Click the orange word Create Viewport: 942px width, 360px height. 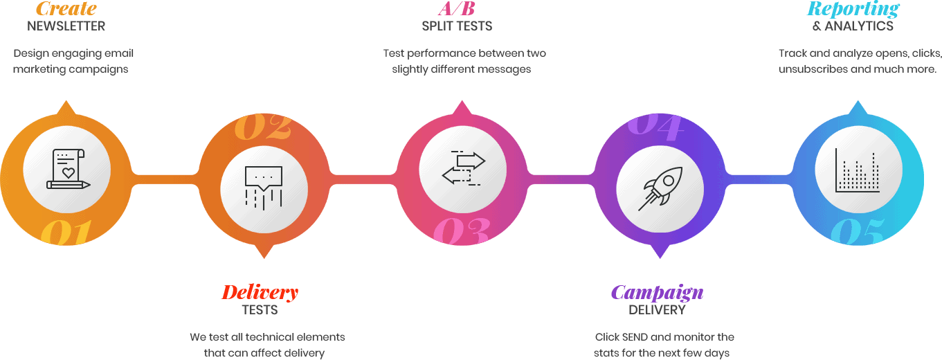tap(66, 9)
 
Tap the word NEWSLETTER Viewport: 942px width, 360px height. tap(66, 26)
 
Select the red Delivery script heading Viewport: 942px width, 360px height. tap(260, 292)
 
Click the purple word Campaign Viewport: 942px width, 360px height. tap(657, 292)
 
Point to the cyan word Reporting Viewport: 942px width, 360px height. tap(853, 9)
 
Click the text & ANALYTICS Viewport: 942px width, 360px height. tap(853, 26)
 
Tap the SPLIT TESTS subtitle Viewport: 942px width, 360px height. tap(457, 26)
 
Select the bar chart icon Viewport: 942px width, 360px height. tap(858, 170)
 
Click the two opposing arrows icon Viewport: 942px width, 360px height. tap(463, 168)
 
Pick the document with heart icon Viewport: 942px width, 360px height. tap(67, 169)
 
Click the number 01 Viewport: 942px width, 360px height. tap(66, 234)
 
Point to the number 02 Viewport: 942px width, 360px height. tap(262, 126)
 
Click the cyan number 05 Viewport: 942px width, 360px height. tap(857, 233)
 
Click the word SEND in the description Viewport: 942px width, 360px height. tap(635, 337)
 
